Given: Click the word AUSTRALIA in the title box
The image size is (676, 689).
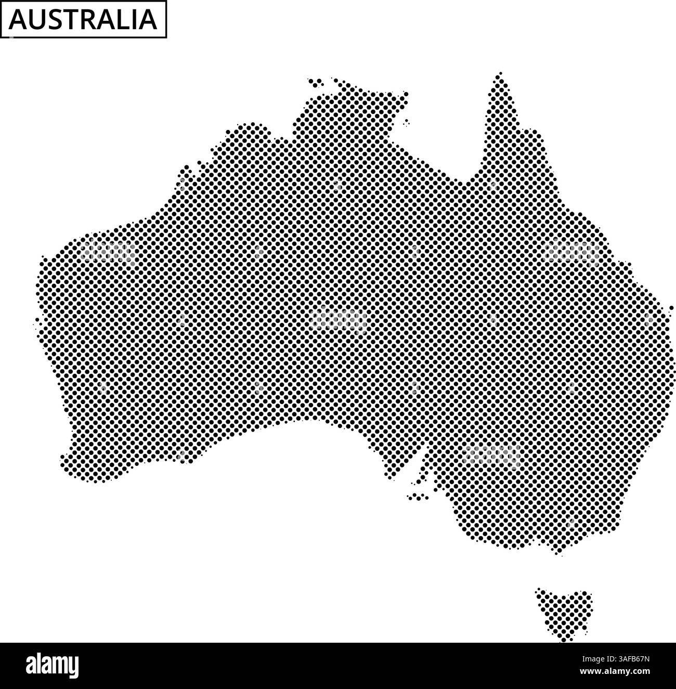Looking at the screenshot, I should pos(83,20).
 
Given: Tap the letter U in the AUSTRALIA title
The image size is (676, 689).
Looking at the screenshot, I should pos(34,20).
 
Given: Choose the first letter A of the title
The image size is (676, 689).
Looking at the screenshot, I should pos(16,20).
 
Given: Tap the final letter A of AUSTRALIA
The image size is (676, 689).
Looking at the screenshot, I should pos(147,20).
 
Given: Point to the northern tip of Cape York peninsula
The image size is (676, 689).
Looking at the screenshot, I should pos(500,76).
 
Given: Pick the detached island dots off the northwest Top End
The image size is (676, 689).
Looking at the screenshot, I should pos(316,82).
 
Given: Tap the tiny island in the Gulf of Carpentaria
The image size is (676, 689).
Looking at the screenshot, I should pos(406,123).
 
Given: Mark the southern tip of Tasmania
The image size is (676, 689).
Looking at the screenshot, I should pos(562,639).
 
